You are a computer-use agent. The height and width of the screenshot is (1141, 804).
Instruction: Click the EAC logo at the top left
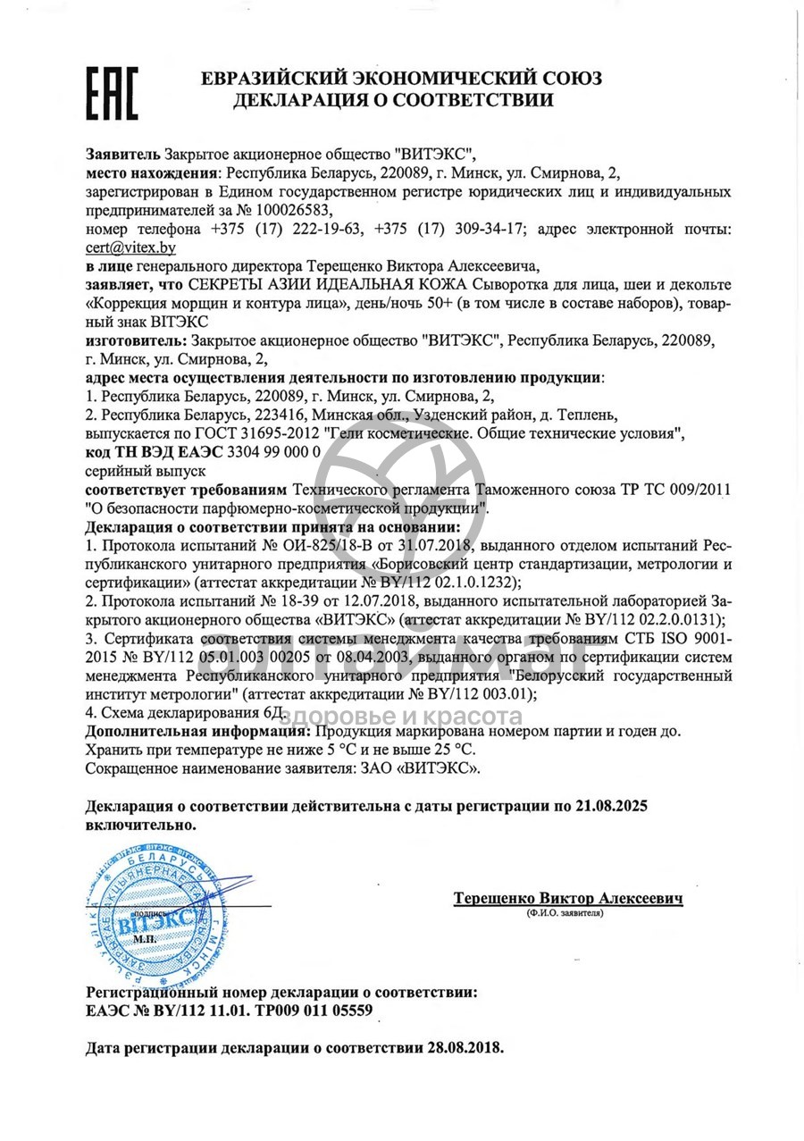click(x=112, y=93)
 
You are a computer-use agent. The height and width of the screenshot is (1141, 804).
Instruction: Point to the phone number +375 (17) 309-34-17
click(x=463, y=230)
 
